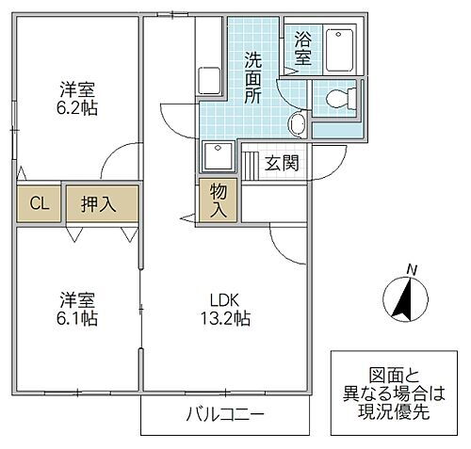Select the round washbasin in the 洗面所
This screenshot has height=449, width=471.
click(298, 123)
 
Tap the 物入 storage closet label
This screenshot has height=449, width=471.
click(217, 199)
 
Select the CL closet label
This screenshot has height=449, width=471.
click(40, 203)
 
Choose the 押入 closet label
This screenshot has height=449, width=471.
click(98, 203)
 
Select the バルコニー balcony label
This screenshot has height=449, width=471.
click(224, 414)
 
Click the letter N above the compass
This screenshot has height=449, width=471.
click(411, 270)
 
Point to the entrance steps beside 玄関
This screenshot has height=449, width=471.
click(252, 163)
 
